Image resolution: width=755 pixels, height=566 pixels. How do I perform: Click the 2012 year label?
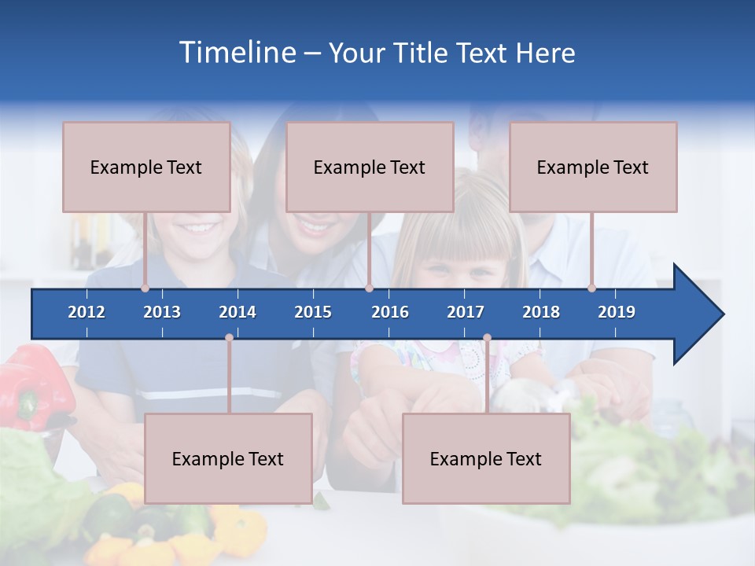point(87,312)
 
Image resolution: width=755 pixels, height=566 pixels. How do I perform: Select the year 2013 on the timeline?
point(162,312)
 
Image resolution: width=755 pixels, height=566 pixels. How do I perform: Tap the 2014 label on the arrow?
point(238,312)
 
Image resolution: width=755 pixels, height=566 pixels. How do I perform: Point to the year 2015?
point(313,312)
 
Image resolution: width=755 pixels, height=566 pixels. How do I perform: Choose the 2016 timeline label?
point(390,312)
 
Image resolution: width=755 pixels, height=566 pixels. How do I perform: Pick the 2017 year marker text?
point(466,312)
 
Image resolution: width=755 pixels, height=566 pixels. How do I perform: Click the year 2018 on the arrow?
point(541,312)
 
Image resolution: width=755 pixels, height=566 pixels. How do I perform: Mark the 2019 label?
point(617,312)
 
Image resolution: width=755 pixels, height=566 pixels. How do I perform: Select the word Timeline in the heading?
point(237,53)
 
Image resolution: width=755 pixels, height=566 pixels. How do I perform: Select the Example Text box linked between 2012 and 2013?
point(146,167)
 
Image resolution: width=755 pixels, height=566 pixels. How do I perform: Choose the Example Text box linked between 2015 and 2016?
point(370,167)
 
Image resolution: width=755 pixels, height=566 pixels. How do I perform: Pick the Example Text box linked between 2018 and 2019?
point(593,167)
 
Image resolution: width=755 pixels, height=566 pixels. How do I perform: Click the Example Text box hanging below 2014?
point(228,458)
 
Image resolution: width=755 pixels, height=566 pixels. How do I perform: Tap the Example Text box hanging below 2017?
point(486,458)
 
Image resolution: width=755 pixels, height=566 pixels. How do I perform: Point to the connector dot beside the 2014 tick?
point(229,338)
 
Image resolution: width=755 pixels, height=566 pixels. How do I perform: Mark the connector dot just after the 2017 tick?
point(487,338)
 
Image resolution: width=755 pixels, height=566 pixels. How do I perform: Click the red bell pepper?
point(35,385)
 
